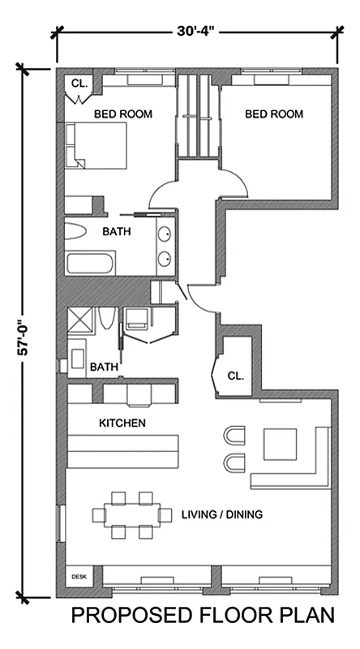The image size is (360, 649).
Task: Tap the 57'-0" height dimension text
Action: [x=24, y=333]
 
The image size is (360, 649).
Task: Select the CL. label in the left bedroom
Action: [x=79, y=83]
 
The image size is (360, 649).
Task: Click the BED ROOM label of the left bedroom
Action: [x=123, y=114]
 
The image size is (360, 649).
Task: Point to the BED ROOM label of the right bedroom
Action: [x=274, y=114]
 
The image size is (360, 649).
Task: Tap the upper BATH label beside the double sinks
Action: [x=118, y=231]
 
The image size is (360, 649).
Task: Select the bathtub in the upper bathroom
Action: [x=90, y=262]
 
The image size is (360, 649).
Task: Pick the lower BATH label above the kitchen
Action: [x=104, y=367]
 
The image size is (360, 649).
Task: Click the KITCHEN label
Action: [x=122, y=423]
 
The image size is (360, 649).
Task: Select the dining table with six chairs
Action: [x=131, y=514]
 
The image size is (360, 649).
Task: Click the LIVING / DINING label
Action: [x=221, y=514]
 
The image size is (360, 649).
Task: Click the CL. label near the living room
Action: [x=236, y=376]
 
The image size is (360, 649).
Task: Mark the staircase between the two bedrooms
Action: [x=199, y=118]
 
